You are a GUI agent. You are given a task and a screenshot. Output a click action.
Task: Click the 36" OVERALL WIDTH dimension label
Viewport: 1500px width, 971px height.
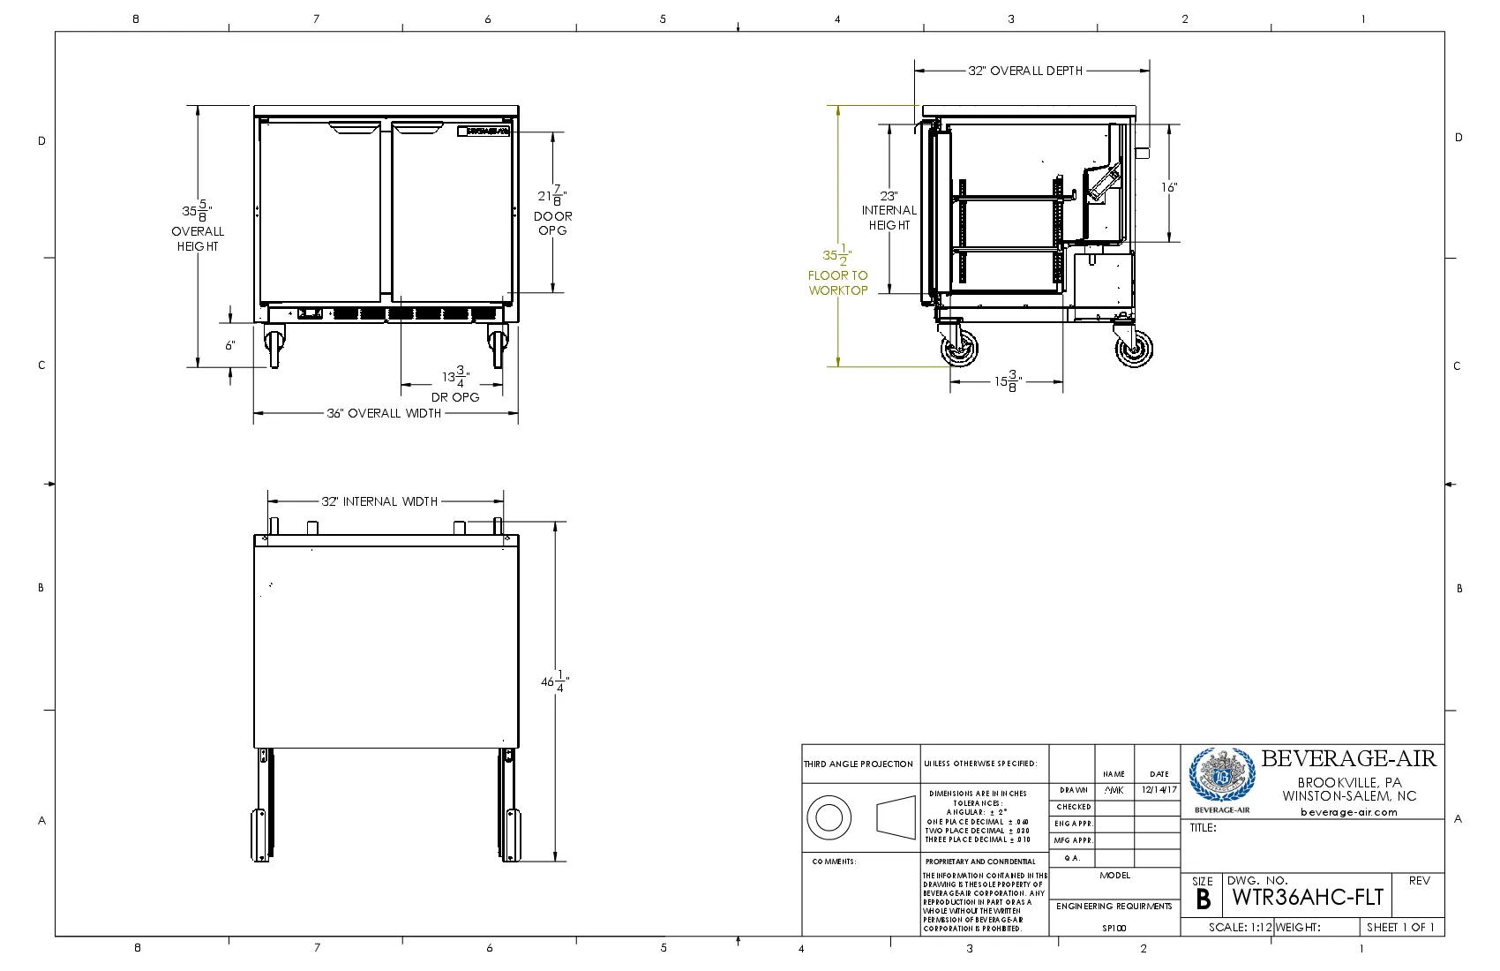[384, 413]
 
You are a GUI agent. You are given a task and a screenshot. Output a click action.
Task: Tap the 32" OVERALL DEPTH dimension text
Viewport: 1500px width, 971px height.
[1025, 71]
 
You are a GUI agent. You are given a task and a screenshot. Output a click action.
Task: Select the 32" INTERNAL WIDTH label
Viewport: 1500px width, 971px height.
[379, 501]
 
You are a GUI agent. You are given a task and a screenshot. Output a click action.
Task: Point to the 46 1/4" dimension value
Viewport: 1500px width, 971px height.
[554, 681]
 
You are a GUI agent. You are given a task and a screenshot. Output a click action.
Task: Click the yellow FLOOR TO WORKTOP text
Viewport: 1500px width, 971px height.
[838, 282]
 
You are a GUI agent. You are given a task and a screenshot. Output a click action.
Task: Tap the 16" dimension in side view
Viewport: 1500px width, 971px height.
[1168, 187]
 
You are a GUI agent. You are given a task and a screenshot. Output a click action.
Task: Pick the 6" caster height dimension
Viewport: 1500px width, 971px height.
[230, 345]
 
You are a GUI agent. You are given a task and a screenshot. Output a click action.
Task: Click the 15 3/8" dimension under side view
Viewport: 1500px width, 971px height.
[1007, 381]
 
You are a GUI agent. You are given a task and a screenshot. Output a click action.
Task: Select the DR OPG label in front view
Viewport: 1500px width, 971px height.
[455, 397]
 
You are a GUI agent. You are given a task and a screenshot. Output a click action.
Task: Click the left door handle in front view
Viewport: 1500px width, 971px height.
[355, 129]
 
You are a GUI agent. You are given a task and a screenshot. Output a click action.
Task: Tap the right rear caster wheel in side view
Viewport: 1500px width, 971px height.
[1134, 349]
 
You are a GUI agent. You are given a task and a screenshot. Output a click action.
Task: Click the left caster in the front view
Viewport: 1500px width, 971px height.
[274, 344]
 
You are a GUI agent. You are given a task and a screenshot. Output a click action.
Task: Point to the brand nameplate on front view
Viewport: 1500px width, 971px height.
[484, 131]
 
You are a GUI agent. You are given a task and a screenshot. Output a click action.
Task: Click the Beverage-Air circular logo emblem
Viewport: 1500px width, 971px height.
[1221, 775]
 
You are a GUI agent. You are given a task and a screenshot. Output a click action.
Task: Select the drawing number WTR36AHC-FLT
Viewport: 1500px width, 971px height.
[1308, 898]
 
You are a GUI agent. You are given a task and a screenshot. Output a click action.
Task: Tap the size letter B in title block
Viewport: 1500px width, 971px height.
[1203, 899]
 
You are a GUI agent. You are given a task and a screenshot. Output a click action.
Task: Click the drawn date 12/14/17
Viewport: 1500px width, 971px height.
[1159, 790]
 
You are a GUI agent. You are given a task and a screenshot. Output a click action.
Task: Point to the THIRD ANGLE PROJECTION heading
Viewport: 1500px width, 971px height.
[859, 764]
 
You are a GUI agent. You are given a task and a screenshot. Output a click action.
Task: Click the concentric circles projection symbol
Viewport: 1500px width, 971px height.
[829, 817]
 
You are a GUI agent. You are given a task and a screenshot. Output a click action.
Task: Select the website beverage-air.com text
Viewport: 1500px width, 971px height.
[1348, 812]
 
